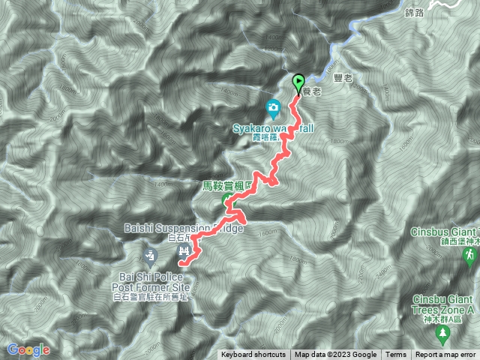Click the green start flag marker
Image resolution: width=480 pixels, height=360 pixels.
point(298,82)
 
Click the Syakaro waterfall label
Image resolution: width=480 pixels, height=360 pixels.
point(271,128)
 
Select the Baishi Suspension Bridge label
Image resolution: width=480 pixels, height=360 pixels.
point(181,228)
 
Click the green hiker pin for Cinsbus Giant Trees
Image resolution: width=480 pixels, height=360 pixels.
point(469,256)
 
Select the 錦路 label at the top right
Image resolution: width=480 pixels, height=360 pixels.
point(414,13)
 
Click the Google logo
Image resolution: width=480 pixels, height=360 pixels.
point(28,349)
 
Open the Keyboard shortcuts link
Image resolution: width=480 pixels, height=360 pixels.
point(253,355)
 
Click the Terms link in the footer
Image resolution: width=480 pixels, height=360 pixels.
point(396,355)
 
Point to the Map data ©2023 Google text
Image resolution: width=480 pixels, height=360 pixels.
point(335,355)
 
